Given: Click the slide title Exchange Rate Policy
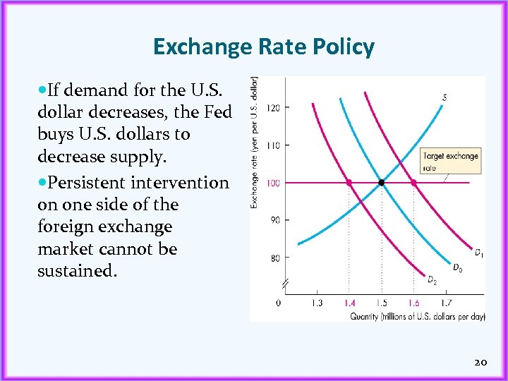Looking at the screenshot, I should [263, 47].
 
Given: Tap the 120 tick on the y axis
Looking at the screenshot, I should [272, 107].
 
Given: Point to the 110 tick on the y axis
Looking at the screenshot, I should [272, 145].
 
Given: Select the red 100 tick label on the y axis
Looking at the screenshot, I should [272, 183].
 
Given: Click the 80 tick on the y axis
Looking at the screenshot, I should [272, 258].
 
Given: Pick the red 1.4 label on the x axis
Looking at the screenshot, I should [349, 303].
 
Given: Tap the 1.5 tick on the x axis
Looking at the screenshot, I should [382, 303].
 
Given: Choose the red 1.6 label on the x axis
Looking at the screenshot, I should [414, 303].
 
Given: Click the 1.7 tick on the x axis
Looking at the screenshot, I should [447, 303].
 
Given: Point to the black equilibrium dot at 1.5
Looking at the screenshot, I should [382, 183].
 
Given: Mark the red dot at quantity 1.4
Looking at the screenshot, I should [349, 183].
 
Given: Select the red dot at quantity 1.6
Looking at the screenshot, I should [414, 183].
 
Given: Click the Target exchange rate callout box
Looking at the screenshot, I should [451, 162].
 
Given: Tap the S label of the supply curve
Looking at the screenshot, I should [445, 97].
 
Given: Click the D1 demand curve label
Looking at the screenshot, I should [478, 252].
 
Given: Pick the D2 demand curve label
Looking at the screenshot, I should [432, 280].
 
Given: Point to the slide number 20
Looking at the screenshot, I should [480, 362].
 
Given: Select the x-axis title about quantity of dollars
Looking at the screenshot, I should [418, 317].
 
